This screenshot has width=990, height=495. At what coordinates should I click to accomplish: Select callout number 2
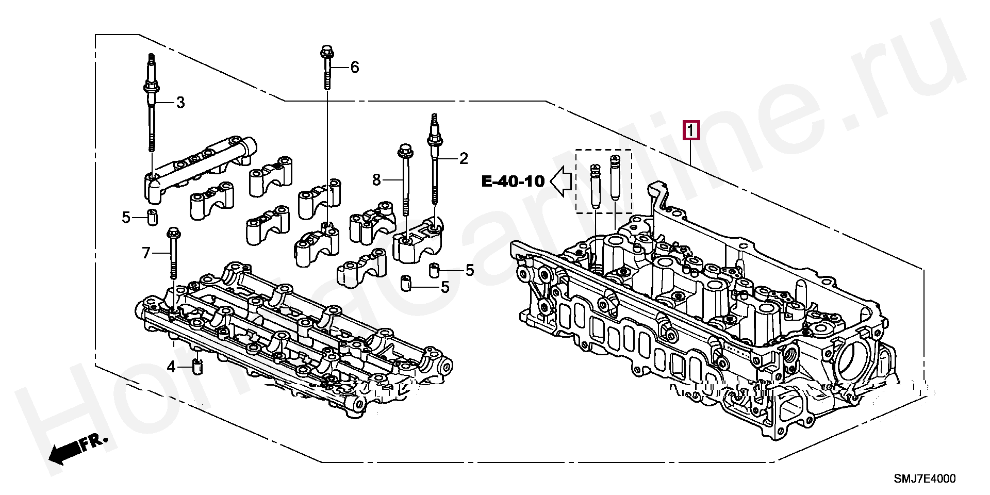(463, 158)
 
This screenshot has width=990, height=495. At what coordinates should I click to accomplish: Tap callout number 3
(180, 103)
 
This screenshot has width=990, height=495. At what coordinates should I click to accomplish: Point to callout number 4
(171, 367)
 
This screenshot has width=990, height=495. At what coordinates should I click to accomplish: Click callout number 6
(354, 67)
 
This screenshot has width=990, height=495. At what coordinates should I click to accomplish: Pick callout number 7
(146, 253)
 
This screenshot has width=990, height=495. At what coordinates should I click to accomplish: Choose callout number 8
(376, 179)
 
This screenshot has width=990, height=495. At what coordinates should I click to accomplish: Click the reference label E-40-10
(513, 181)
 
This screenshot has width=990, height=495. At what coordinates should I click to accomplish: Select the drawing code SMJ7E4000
(924, 479)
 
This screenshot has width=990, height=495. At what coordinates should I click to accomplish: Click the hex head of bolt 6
(326, 52)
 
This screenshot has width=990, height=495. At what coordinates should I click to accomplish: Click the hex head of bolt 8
(403, 151)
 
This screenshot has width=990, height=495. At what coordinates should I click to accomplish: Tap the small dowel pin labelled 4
(197, 367)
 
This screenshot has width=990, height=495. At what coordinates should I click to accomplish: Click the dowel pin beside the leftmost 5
(152, 218)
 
